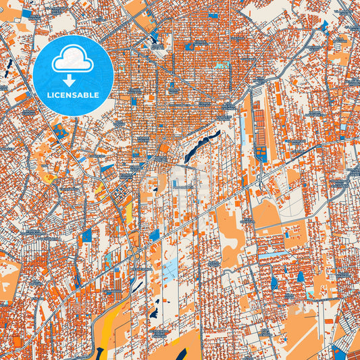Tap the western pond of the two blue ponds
click(x=274, y=282)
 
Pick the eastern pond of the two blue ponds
click(x=300, y=276)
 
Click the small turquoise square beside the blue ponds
click(x=309, y=294)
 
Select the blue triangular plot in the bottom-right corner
click(x=337, y=351)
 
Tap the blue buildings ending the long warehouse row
click(x=260, y=153)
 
